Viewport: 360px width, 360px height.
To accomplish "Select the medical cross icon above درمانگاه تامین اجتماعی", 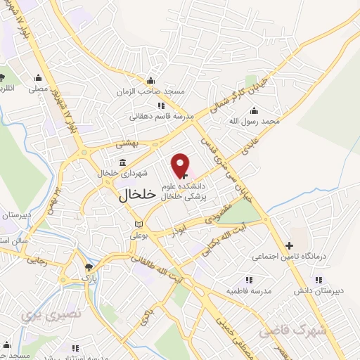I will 289,245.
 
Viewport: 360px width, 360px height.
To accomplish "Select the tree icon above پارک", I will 88,268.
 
